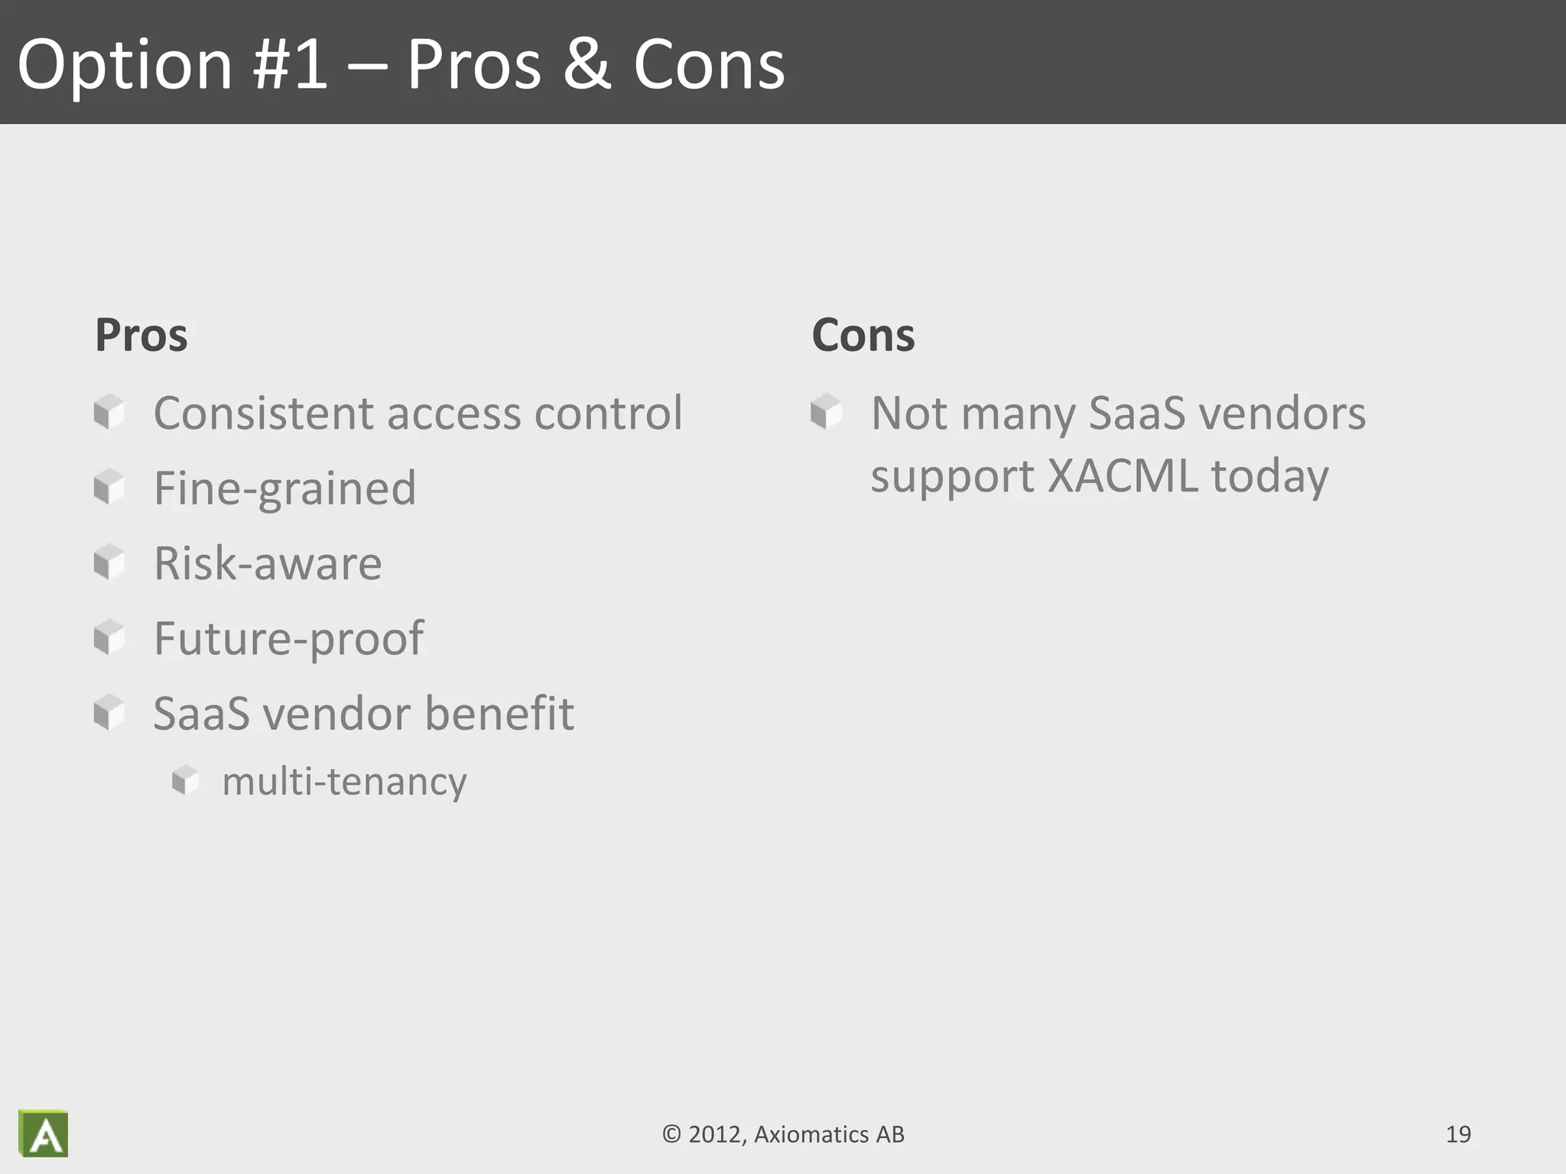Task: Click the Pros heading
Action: (x=141, y=336)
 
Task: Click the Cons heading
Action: (x=863, y=336)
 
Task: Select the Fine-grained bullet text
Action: (x=284, y=488)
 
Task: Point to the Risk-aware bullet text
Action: (x=268, y=563)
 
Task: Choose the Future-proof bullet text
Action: (x=288, y=638)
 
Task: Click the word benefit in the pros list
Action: (x=499, y=713)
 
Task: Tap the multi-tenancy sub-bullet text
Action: (x=344, y=781)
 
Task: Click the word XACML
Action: (x=1122, y=475)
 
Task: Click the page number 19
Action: (x=1458, y=1134)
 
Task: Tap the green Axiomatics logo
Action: (x=44, y=1133)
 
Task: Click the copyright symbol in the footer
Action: (x=671, y=1134)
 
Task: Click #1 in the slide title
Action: (x=290, y=65)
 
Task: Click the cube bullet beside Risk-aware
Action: (x=109, y=563)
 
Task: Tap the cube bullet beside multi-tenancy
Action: (x=185, y=780)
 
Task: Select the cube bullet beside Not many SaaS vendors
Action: (x=826, y=412)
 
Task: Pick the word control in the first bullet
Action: (x=608, y=413)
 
